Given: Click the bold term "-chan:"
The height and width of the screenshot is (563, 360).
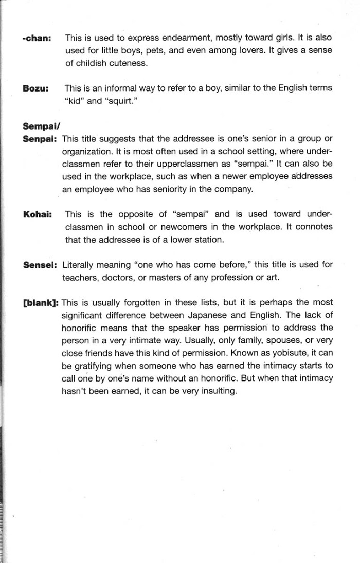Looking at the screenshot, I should tap(37, 38).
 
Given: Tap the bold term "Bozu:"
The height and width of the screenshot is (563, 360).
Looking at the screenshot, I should tap(35, 88).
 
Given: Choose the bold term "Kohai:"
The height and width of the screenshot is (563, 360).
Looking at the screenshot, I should tap(37, 214).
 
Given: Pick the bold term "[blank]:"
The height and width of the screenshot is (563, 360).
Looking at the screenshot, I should tap(41, 302).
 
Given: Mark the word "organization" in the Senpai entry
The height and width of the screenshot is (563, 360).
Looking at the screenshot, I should tap(88, 152).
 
